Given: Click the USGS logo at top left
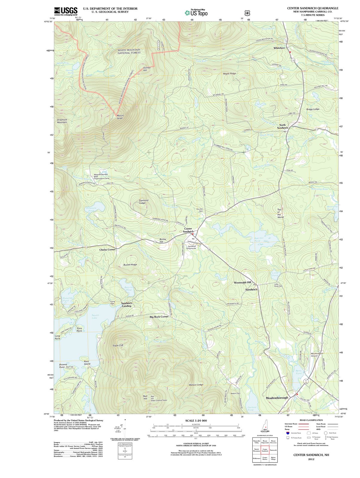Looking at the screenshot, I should pos(66,11).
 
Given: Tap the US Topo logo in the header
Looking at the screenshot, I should pos(196,13).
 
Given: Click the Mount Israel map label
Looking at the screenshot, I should pos(120,117).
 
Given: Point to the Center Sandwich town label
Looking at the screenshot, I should pos(188,230).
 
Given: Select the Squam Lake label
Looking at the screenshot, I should pos(95,316).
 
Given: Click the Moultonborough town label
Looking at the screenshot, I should pos(277,398).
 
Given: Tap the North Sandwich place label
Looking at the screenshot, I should pos(282,126).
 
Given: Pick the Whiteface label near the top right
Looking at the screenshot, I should pos(279,48).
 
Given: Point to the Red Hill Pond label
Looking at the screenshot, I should pos(259,239).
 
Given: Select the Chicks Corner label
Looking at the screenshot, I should pos(107,249).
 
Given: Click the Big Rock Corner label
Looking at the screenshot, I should pos(159,316).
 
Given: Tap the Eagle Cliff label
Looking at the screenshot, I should pos(118,345).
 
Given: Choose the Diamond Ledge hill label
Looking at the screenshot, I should pos(144,202).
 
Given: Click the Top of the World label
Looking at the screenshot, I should pos(280,213).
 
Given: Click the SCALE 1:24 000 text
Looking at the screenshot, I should pos(196,420).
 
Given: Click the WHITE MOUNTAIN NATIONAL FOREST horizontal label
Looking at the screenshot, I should pos(129,51).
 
